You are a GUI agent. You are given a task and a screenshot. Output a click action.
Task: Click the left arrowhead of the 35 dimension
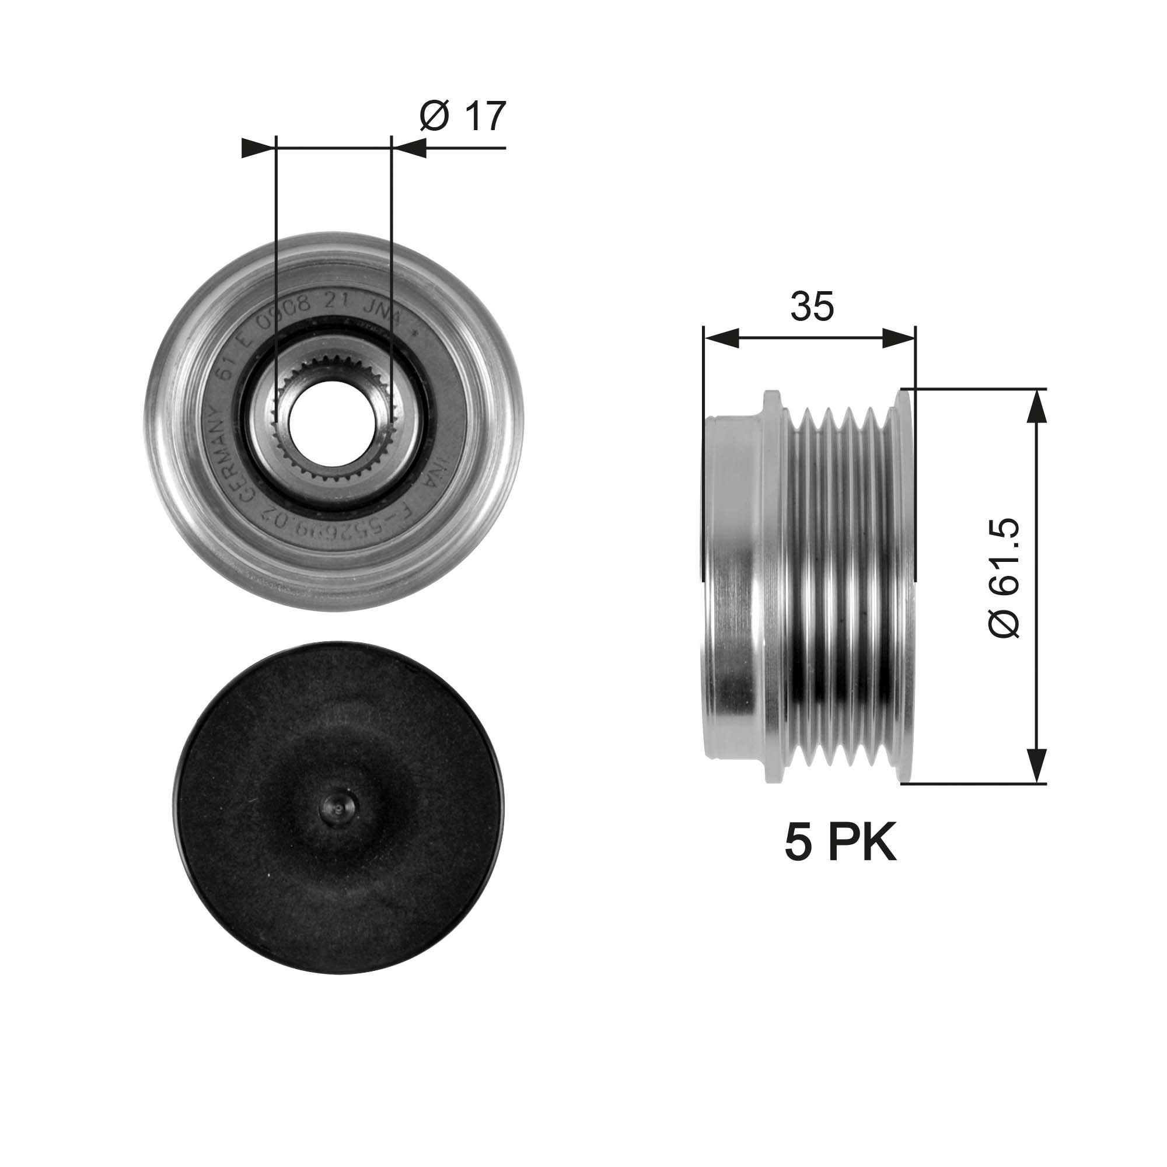click(x=721, y=339)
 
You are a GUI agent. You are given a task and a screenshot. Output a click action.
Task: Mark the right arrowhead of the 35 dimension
click(x=899, y=339)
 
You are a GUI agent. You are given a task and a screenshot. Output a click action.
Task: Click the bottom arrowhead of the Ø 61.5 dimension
click(x=1036, y=766)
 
